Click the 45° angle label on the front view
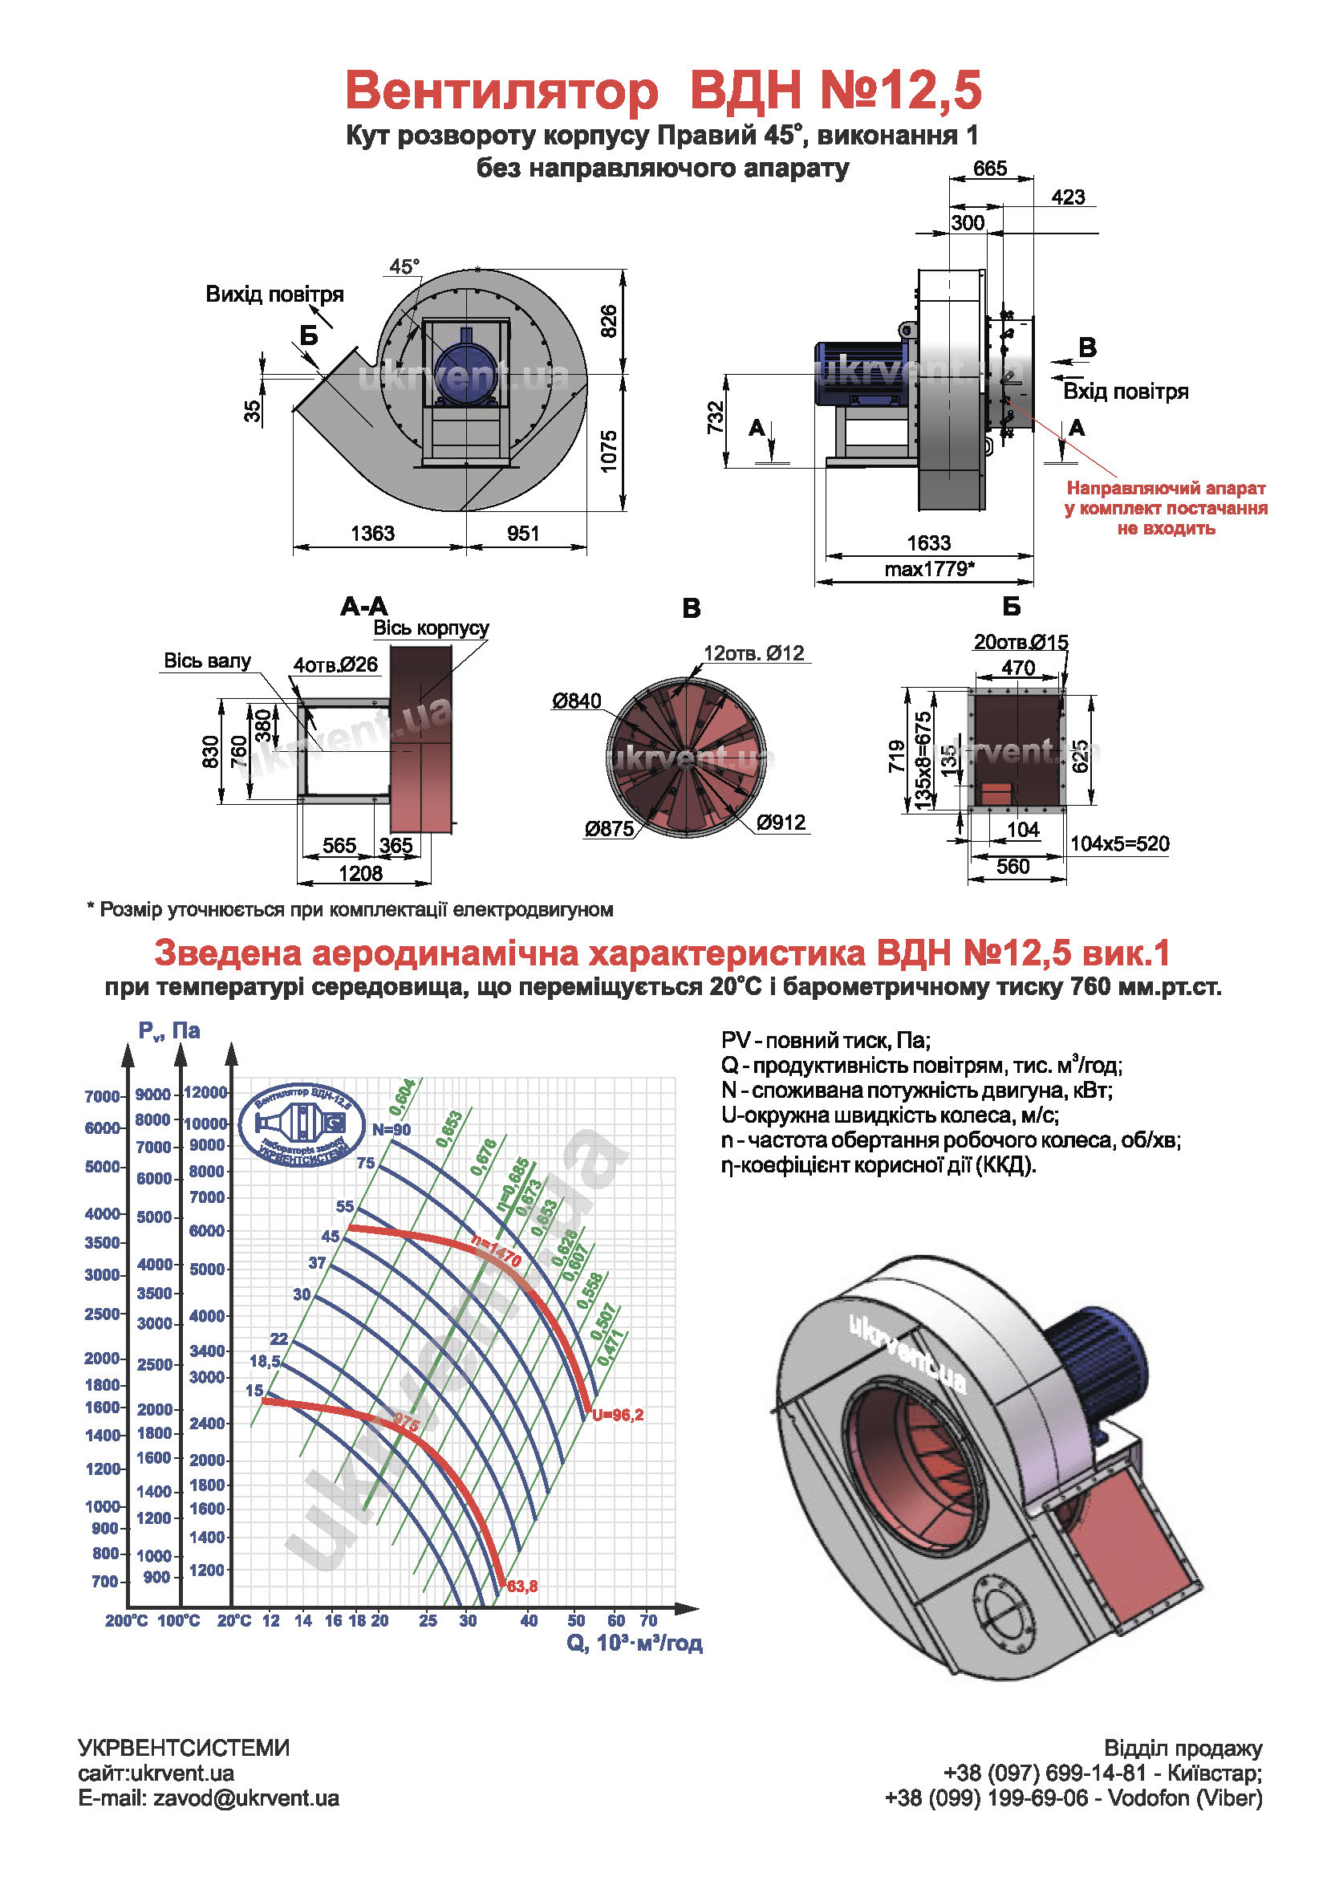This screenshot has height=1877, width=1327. pyautogui.click(x=404, y=266)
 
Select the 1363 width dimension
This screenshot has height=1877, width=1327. pyautogui.click(x=371, y=533)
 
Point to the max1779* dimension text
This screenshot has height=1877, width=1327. pyautogui.click(x=929, y=569)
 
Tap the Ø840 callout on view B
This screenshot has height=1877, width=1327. pyautogui.click(x=576, y=701)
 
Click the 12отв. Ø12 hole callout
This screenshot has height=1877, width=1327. pyautogui.click(x=753, y=653)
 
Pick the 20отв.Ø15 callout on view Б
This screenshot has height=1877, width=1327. pyautogui.click(x=1021, y=642)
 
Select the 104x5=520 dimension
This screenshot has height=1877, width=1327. pyautogui.click(x=1119, y=843)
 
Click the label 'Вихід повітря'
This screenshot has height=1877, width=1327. pyautogui.click(x=274, y=295)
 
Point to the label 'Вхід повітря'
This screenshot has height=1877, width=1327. pyautogui.click(x=1125, y=392)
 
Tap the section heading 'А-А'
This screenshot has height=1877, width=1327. pyautogui.click(x=363, y=607)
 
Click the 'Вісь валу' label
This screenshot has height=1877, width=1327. pyautogui.click(x=208, y=660)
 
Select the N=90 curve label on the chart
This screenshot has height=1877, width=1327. pyautogui.click(x=392, y=1130)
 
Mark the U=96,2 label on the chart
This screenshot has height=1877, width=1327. pyautogui.click(x=618, y=1415)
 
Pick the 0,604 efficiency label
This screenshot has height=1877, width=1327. pyautogui.click(x=402, y=1097)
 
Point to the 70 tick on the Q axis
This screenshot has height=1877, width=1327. pyautogui.click(x=648, y=1620)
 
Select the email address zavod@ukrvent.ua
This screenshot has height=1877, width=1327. pyautogui.click(x=246, y=1798)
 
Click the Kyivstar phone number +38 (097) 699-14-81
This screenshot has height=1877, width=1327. pyautogui.click(x=1045, y=1773)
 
